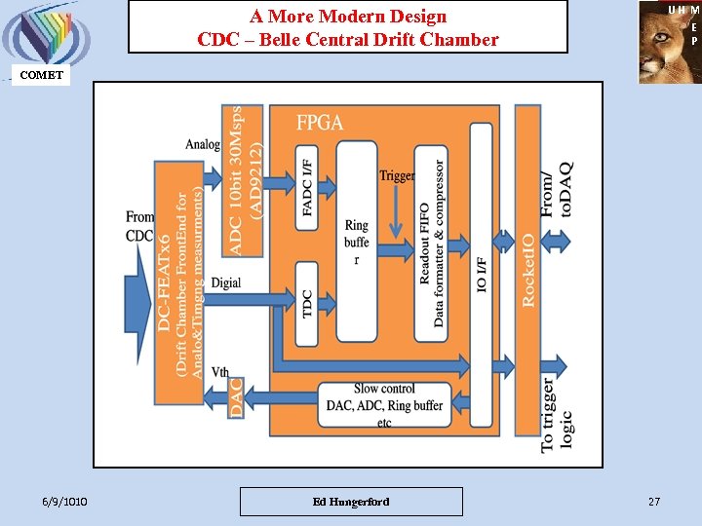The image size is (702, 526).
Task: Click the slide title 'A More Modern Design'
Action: [348, 17]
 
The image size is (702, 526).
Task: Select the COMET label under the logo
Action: [41, 75]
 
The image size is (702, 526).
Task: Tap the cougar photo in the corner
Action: [669, 42]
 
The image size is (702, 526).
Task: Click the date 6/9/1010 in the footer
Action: [65, 502]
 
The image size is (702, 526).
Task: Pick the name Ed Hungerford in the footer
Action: [351, 502]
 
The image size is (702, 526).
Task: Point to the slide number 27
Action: [653, 502]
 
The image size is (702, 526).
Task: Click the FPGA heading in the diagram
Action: [320, 124]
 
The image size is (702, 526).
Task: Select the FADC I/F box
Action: [307, 193]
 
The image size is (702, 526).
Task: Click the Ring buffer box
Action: [357, 241]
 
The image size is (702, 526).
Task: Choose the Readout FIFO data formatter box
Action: [431, 244]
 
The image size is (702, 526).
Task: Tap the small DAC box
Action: [235, 397]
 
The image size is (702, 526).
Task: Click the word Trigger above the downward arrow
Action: [397, 176]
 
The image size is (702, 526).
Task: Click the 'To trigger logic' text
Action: [557, 414]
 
